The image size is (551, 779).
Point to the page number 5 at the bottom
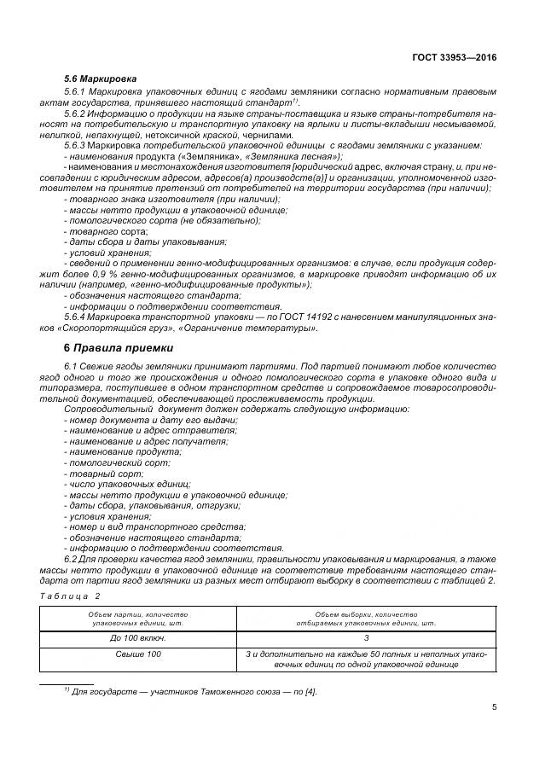(x=494, y=706)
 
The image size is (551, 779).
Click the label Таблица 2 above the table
(x=70, y=596)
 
